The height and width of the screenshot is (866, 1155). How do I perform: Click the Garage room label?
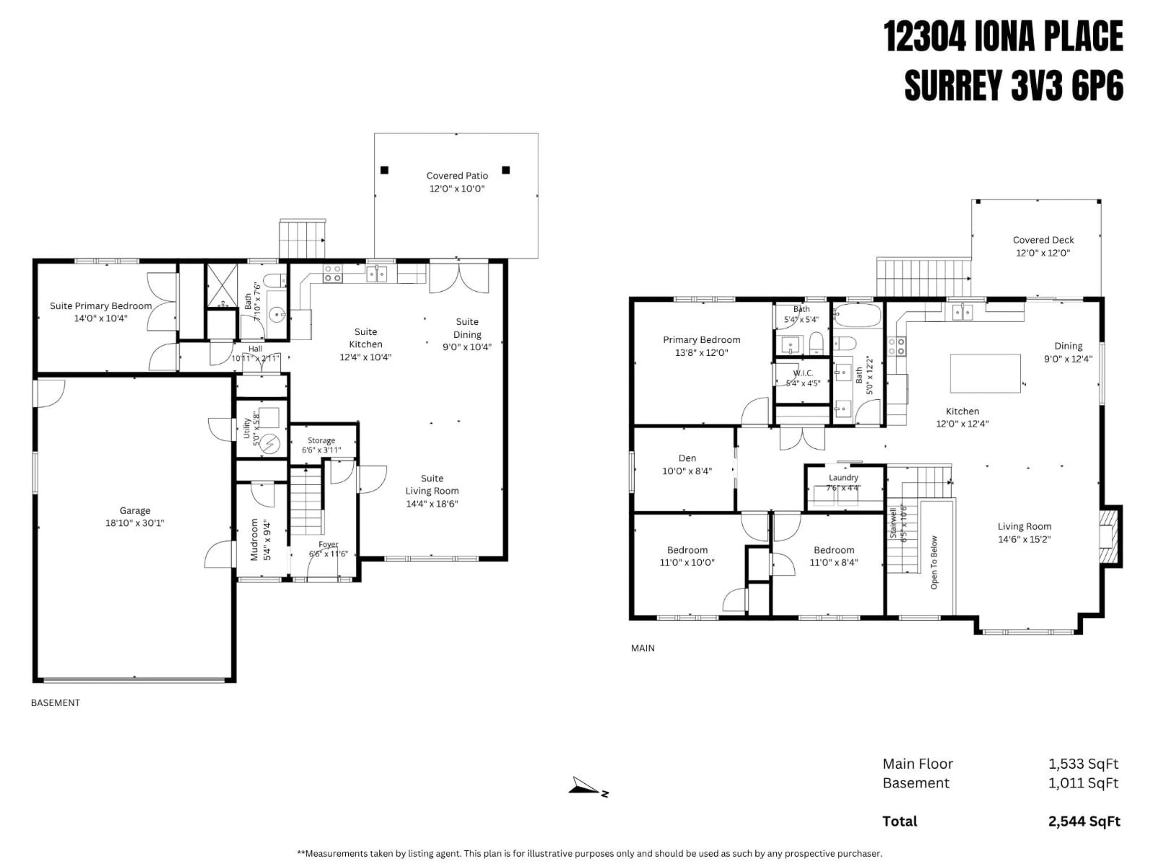(x=135, y=511)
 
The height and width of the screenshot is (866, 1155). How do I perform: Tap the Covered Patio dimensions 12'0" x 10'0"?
(x=457, y=189)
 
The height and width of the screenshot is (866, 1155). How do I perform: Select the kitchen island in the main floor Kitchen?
(x=985, y=373)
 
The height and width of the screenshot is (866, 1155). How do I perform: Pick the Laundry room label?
(x=843, y=477)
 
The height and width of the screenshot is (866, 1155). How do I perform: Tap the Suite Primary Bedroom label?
(x=101, y=306)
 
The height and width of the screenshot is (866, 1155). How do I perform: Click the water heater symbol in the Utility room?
(x=270, y=444)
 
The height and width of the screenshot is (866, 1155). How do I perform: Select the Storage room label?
(x=321, y=440)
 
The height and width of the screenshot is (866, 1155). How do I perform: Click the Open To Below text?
(x=934, y=562)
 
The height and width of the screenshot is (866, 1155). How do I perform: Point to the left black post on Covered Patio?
(x=384, y=170)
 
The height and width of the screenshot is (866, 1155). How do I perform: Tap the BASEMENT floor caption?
(x=55, y=703)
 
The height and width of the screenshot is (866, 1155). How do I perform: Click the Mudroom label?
(x=254, y=539)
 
